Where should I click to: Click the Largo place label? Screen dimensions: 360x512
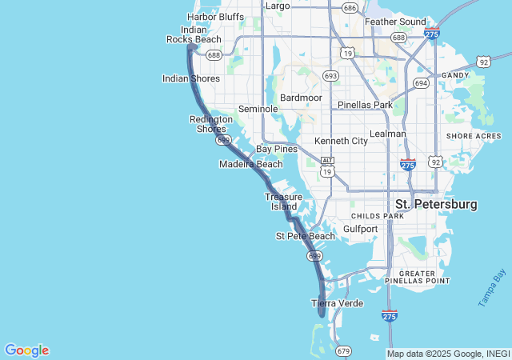coord(278,6)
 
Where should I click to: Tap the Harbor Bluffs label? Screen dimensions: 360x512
coord(215,16)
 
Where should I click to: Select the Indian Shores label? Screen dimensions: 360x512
coord(191,78)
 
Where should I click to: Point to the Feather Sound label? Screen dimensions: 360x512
coord(395,22)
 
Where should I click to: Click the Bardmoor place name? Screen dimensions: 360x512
coord(301,97)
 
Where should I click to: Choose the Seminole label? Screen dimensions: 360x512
coord(258,109)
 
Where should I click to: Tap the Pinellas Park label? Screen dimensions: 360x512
coord(365,105)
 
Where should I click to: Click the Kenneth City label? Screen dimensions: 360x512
coord(341,141)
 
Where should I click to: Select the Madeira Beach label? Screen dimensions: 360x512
coord(251,164)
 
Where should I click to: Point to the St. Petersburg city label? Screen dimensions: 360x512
coord(436,205)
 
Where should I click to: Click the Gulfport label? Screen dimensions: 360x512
coord(360,229)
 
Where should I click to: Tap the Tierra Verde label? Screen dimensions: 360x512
coord(337,303)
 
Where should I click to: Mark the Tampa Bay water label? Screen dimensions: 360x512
coord(493,289)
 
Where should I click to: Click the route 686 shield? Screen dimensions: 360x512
coord(349,8)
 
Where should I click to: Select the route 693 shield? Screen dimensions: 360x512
coord(330,75)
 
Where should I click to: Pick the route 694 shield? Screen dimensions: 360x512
coord(421,82)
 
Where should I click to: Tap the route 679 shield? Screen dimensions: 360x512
coord(344,350)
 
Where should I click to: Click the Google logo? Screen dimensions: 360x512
coord(26,350)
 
